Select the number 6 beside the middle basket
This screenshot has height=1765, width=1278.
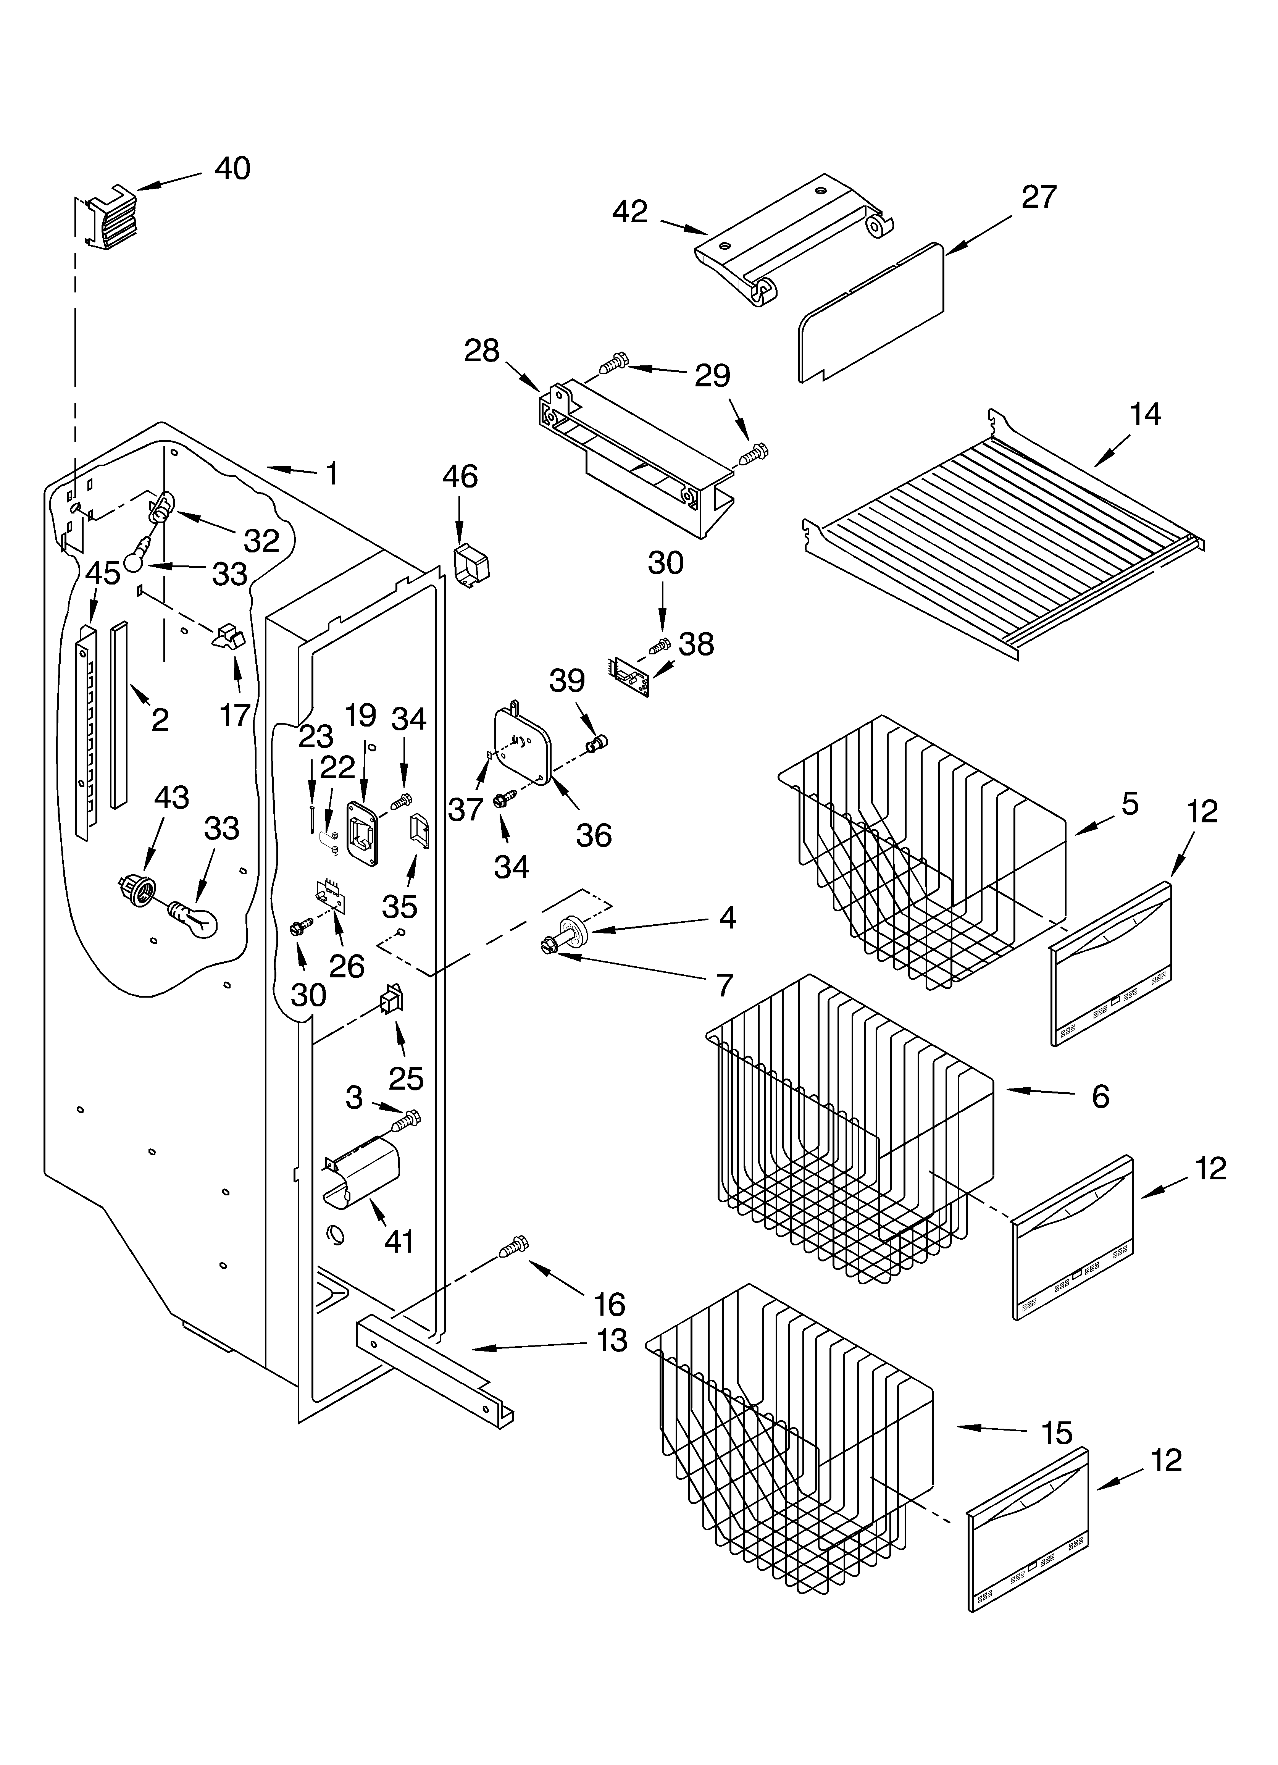pyautogui.click(x=1100, y=1096)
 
